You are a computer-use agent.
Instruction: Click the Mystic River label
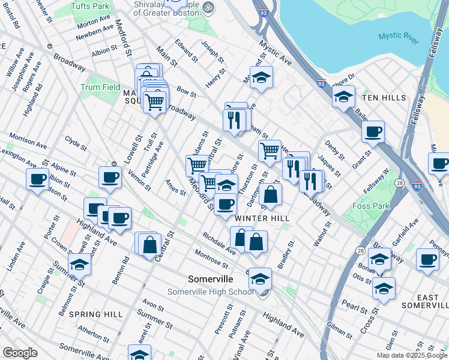pyautogui.click(x=399, y=37)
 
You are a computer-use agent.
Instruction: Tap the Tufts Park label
pyautogui.click(x=91, y=6)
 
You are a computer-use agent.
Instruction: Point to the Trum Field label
pyautogui.click(x=100, y=87)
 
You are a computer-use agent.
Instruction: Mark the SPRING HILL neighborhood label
pyautogui.click(x=96, y=314)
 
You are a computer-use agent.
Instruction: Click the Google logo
pyautogui.click(x=20, y=353)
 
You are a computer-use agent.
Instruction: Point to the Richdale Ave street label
pyautogui.click(x=219, y=242)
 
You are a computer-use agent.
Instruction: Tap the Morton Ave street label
pyautogui.click(x=94, y=22)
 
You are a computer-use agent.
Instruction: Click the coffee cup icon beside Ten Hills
pyautogui.click(x=373, y=131)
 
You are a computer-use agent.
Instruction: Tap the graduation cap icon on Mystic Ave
pyautogui.click(x=261, y=77)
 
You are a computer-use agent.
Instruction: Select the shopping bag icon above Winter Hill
pyautogui.click(x=271, y=195)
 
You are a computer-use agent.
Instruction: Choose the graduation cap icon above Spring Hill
pyautogui.click(x=79, y=265)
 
